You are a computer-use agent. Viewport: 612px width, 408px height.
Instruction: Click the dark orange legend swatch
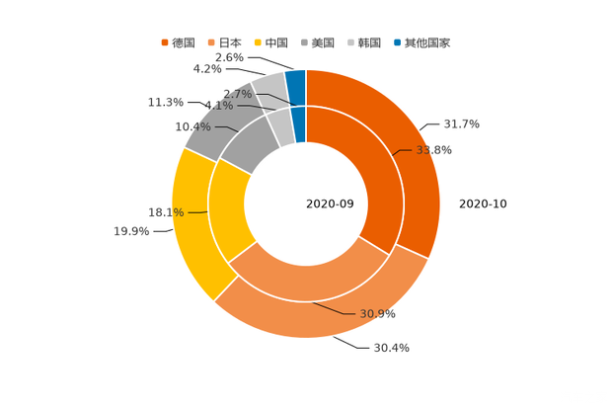(164, 42)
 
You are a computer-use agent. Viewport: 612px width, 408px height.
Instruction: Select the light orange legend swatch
(210, 42)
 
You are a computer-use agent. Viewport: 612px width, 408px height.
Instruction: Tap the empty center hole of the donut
(306, 204)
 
